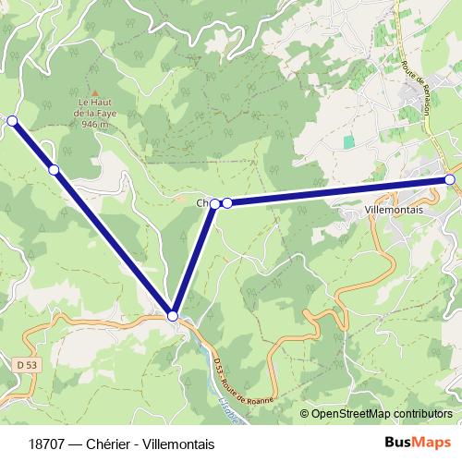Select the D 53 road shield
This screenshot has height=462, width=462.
[28, 365]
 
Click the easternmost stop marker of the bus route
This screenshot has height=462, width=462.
[450, 179]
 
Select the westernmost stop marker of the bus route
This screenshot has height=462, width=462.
[12, 120]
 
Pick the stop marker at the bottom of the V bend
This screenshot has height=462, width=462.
[173, 316]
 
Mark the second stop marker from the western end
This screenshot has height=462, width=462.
[54, 169]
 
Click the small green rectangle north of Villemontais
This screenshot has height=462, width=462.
[349, 142]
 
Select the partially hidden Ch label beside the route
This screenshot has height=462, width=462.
[202, 202]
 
